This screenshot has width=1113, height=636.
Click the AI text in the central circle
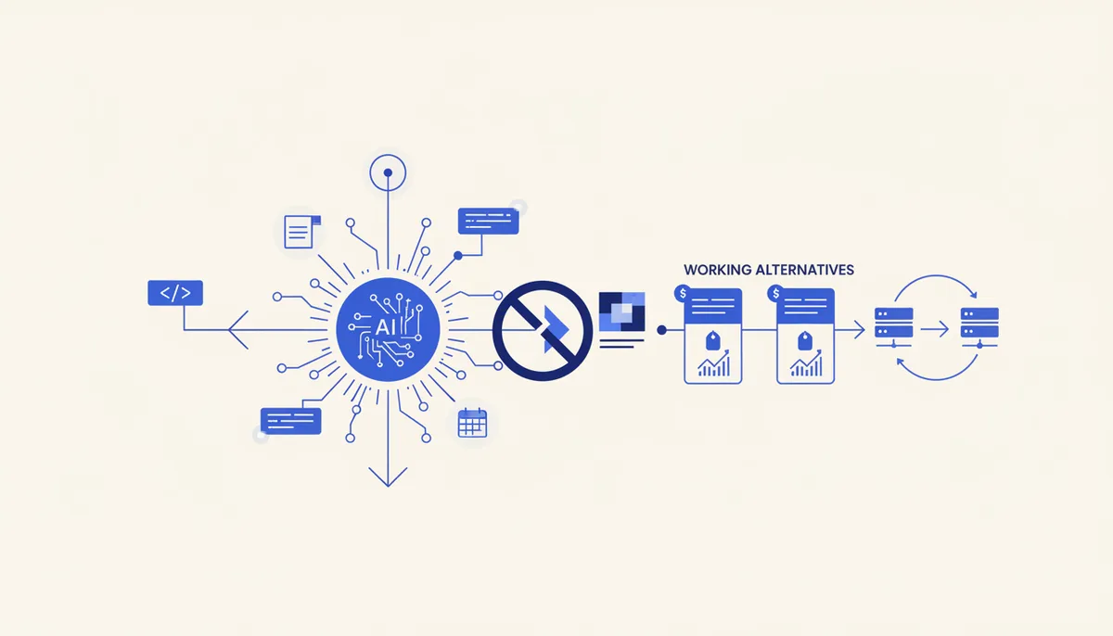385,327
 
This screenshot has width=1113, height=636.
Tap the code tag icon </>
175,293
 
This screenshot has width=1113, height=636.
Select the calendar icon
472,423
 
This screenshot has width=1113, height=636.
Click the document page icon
302,232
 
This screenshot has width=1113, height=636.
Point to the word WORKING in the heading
717,270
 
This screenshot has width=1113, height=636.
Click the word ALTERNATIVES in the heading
804,270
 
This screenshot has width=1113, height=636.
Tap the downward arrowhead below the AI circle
388,477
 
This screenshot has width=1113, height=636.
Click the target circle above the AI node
388,172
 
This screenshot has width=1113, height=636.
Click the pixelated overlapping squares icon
621,312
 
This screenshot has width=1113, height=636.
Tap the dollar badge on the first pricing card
683,293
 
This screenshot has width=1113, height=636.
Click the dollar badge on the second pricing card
775,293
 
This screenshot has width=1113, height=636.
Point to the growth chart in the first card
713,363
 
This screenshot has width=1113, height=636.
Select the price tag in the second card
805,340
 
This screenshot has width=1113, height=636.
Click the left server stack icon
893,326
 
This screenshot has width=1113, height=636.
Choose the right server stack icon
979,326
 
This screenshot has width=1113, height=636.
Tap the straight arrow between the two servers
935,329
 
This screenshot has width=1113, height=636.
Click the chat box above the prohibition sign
488,221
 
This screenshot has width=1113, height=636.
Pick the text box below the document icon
290,421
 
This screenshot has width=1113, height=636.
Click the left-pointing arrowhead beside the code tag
238,330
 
